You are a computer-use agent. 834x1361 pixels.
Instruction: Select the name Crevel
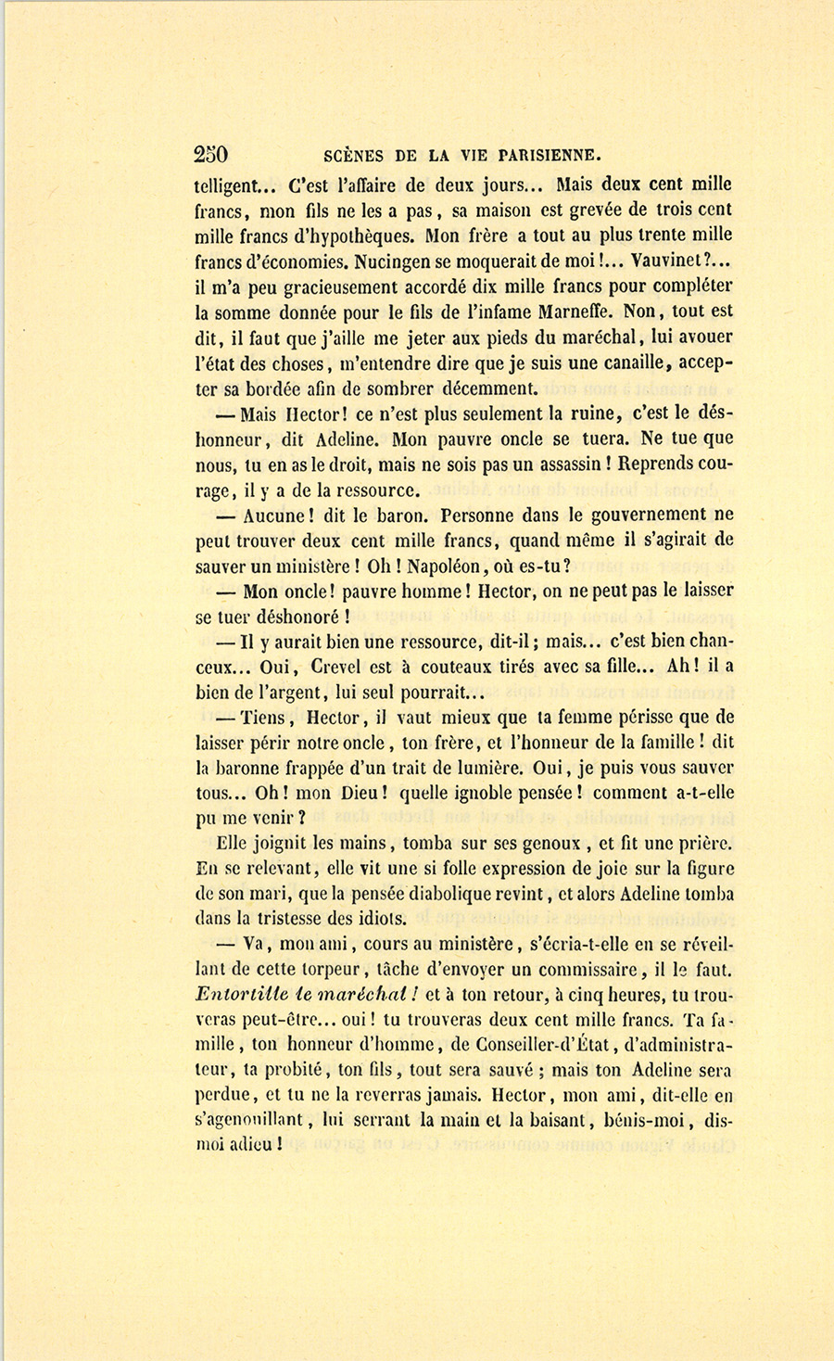tap(347, 666)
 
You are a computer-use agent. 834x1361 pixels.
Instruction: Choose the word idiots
tap(374, 919)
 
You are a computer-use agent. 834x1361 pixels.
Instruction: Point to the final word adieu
tap(250, 1145)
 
